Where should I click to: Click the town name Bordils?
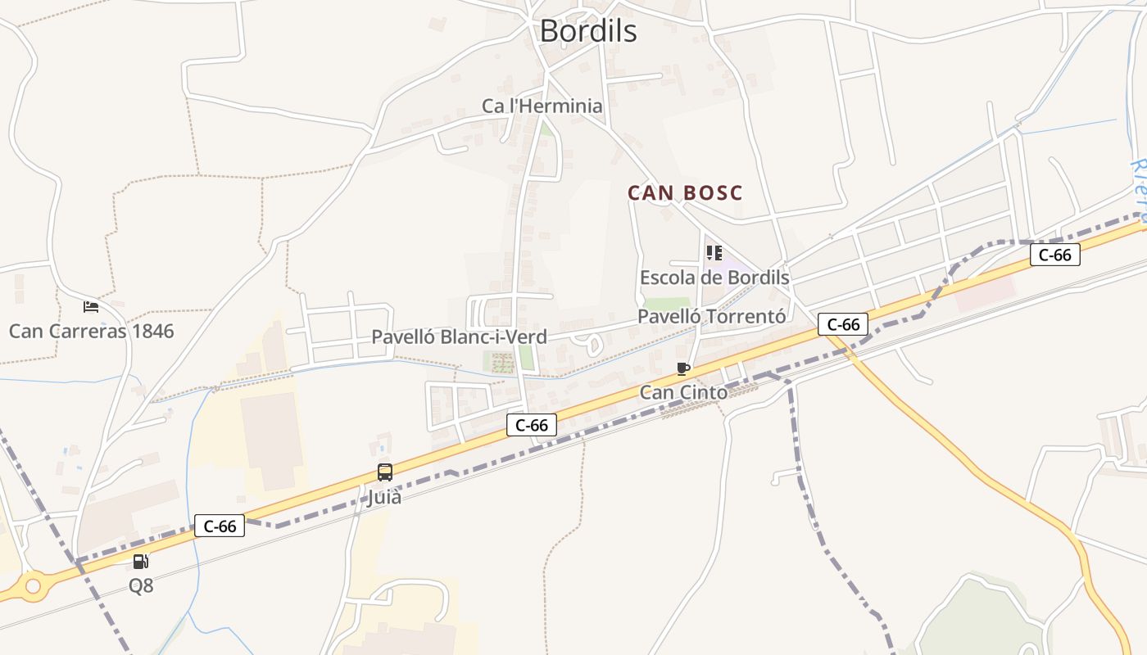click(587, 31)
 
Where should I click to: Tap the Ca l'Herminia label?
click(542, 106)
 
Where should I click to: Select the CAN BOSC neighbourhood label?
click(685, 193)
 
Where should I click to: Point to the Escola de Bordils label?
click(714, 278)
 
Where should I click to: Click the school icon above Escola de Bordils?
click(714, 253)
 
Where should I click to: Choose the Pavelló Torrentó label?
click(712, 317)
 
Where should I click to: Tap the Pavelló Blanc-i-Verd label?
click(459, 337)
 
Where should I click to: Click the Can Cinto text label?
click(683, 393)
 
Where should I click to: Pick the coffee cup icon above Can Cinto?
click(683, 369)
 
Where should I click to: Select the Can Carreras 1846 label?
click(91, 332)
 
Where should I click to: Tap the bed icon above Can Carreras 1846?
click(91, 307)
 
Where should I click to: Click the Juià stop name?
click(383, 497)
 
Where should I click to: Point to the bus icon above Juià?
click(384, 472)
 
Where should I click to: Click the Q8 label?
click(141, 586)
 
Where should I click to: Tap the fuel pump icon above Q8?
click(141, 562)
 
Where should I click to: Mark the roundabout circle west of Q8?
click(33, 585)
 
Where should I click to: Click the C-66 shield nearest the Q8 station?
click(220, 526)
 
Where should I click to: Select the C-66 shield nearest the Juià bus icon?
click(532, 425)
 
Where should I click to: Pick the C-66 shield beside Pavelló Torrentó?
click(843, 325)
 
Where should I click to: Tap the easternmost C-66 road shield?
click(1054, 255)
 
